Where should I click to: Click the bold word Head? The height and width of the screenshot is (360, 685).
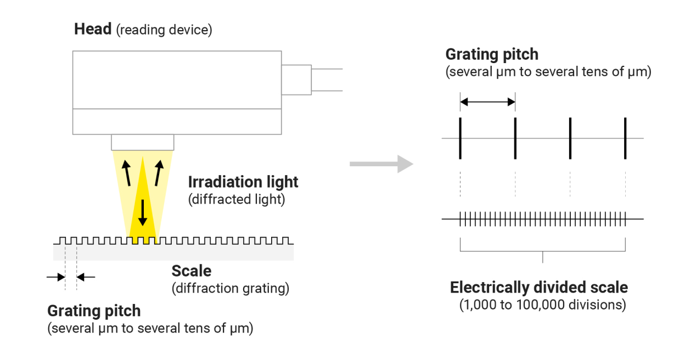coord(93,30)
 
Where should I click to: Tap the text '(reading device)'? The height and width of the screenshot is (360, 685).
coord(164,30)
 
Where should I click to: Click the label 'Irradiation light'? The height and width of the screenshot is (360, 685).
coord(243,182)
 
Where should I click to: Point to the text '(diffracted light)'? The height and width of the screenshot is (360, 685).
coord(237,199)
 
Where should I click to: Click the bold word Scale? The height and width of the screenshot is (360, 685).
coord(191,271)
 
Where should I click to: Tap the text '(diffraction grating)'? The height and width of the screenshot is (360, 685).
coord(230,288)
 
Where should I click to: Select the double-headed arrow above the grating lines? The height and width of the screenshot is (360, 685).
coord(487,102)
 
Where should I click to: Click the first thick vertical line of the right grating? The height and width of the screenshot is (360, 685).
coord(461,138)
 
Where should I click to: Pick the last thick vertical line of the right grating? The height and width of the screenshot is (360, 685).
coord(625,138)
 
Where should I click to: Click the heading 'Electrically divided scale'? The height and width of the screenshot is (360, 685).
coord(538,288)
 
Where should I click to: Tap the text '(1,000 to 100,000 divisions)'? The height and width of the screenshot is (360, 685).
coord(542,305)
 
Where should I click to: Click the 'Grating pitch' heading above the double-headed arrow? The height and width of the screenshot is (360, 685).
coord(492,54)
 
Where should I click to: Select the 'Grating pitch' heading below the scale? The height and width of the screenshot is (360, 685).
coord(94,311)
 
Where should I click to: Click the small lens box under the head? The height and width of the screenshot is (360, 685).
coord(143,142)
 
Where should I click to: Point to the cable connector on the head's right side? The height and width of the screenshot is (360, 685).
coord(296,80)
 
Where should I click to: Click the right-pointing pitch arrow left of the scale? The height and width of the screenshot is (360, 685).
coord(56,277)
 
